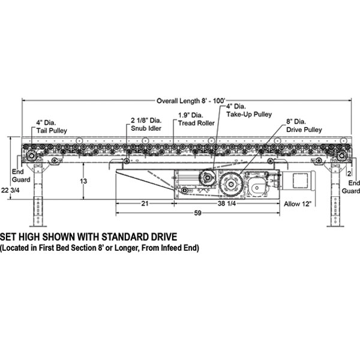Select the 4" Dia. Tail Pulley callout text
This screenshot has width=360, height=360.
click(x=52, y=126)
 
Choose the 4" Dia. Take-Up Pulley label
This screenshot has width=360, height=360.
click(x=249, y=110)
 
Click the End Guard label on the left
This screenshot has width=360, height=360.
click(x=17, y=175)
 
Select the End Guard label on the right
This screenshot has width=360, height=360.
click(x=353, y=187)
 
